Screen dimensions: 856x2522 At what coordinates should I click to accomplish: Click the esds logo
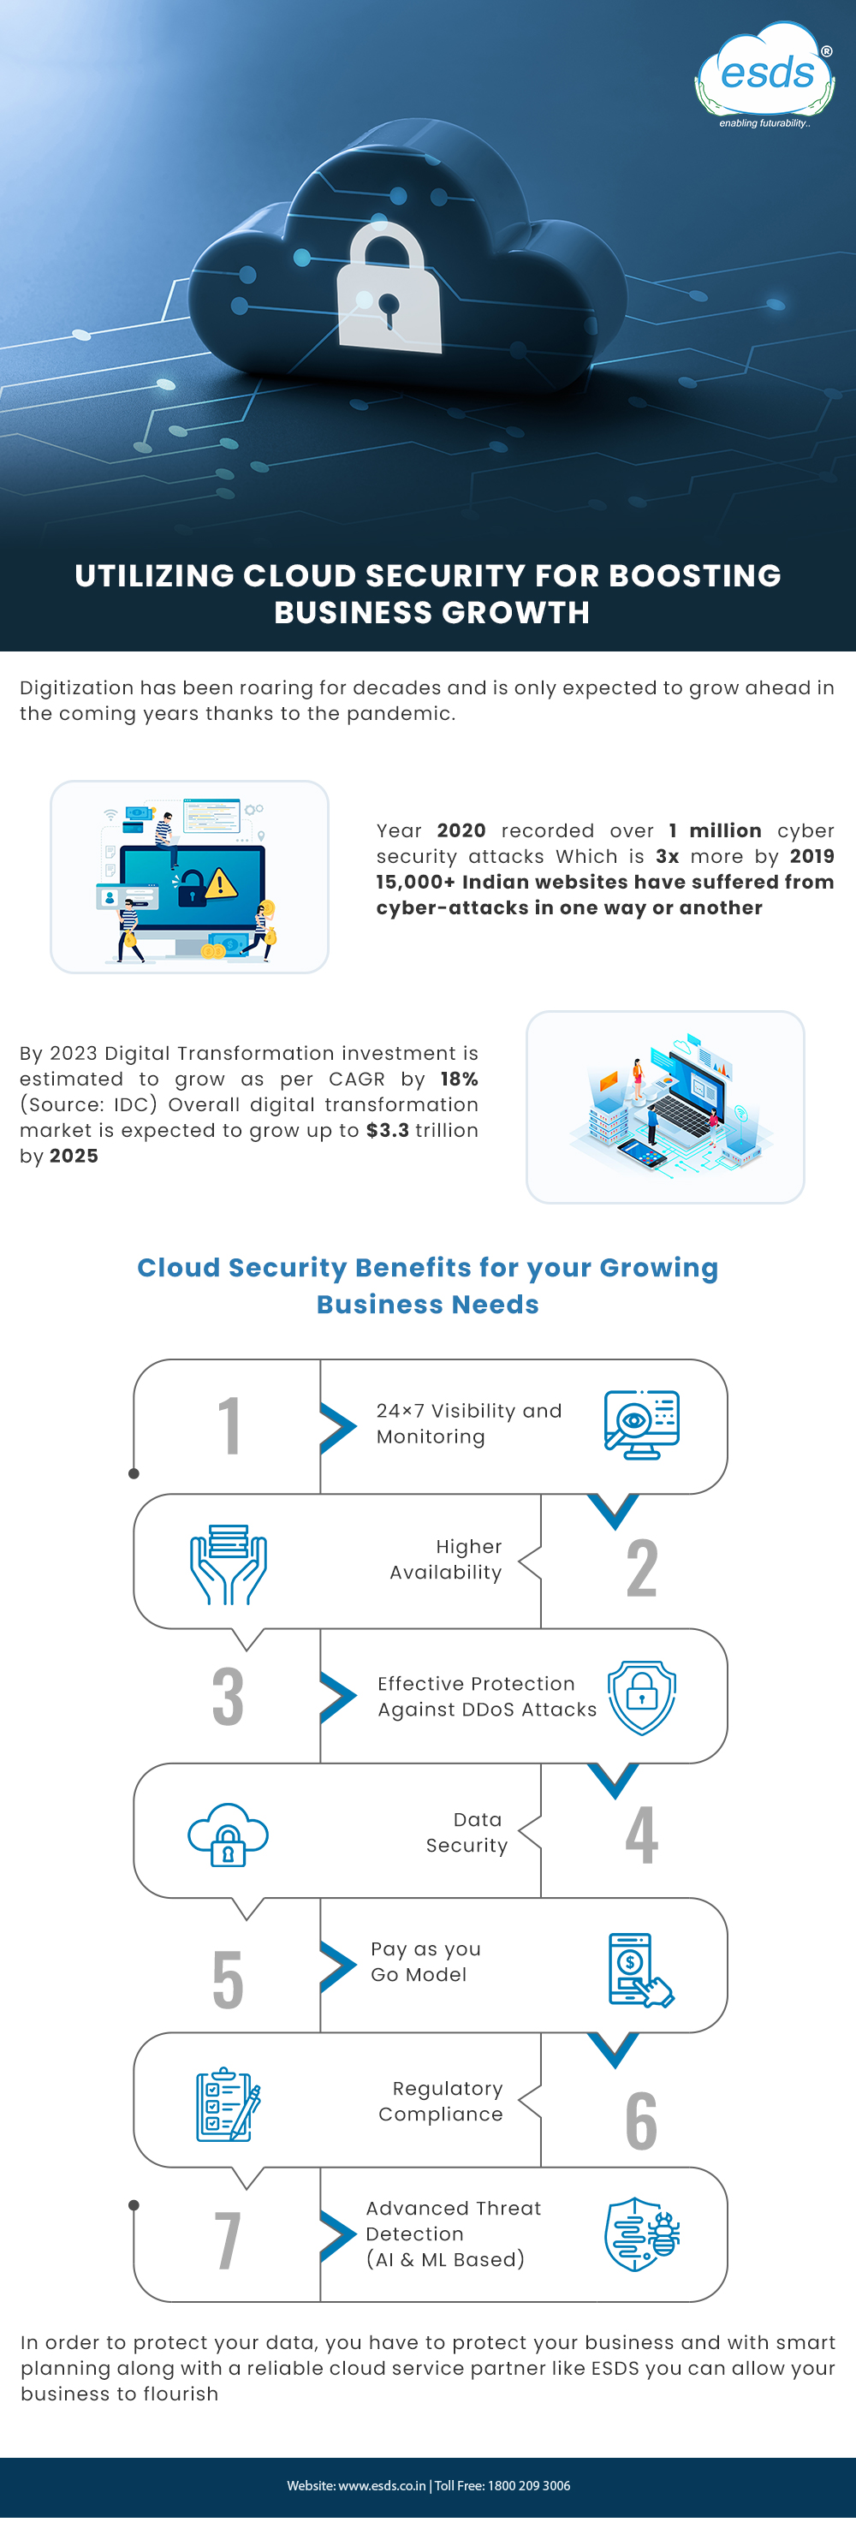pos(765,75)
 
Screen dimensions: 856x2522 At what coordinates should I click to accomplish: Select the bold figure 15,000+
pos(415,882)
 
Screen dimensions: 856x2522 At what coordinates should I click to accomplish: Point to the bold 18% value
pos(460,1079)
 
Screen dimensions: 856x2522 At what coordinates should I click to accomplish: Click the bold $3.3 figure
pos(387,1130)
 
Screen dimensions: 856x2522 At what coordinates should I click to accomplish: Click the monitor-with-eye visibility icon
pos(641,1425)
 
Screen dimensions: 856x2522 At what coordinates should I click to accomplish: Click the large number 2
pos(641,1567)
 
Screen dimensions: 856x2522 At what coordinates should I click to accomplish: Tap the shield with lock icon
pos(641,1698)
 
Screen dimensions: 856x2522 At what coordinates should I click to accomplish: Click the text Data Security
pos(467,1832)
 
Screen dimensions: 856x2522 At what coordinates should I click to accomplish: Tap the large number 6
pos(641,2121)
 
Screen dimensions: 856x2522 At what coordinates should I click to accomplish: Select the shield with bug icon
pos(641,2234)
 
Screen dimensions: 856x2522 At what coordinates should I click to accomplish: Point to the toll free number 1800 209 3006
pos(529,2485)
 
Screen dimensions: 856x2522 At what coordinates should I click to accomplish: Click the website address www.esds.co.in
pos(382,2485)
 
